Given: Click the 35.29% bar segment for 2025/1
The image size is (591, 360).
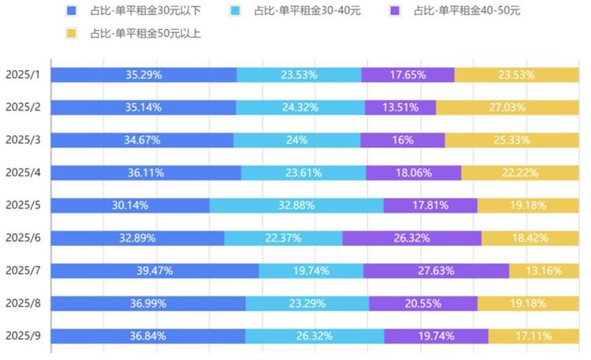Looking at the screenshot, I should click(x=144, y=75).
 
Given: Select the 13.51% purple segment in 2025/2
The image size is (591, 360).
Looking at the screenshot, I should click(x=400, y=108).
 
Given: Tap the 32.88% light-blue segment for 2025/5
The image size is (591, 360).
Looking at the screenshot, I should click(x=296, y=206).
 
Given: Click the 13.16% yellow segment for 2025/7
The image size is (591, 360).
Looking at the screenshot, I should click(x=543, y=271).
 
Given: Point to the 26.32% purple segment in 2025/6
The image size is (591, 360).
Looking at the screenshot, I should click(x=411, y=238).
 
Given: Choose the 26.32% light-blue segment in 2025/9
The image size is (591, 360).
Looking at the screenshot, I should click(x=314, y=336).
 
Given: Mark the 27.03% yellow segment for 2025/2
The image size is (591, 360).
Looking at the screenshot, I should click(x=507, y=108).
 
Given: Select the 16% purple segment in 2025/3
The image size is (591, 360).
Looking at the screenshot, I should click(x=403, y=140).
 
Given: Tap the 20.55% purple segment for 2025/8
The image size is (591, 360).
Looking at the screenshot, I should click(x=423, y=303).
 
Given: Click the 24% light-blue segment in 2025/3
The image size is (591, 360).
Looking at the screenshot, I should click(x=297, y=140).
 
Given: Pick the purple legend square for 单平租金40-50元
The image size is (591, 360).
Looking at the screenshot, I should click(x=396, y=11).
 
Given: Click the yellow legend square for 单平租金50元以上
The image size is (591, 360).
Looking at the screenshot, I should click(x=72, y=33).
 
